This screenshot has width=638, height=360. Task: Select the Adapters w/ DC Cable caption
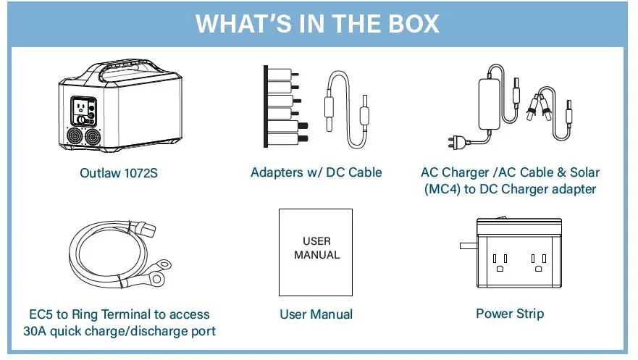pos(316,172)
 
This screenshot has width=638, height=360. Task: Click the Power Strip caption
pos(510,314)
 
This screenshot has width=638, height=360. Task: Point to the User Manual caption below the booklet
pos(316,314)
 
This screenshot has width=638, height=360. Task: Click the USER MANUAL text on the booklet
pos(316,248)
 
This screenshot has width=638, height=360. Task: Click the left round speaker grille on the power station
pos(74,136)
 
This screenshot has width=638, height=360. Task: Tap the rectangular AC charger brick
pos(495,93)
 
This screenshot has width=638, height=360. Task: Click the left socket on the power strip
pos(499,262)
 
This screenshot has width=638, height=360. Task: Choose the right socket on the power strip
pos(537,262)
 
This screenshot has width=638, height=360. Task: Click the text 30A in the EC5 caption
pos(35,332)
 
